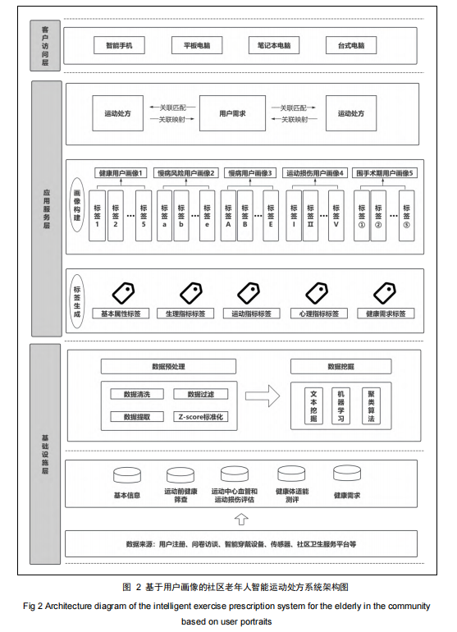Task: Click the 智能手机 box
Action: (119, 45)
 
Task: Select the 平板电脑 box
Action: (197, 45)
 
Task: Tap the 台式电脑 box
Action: (351, 45)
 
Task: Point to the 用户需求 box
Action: (232, 113)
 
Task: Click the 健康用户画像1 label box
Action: (121, 173)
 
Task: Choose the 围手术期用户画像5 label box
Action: (385, 173)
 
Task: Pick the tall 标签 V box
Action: (336, 216)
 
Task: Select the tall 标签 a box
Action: (164, 216)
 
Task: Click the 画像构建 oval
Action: (77, 204)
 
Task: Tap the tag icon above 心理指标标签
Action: (318, 293)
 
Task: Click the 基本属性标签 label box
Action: (121, 314)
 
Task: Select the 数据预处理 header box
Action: (168, 366)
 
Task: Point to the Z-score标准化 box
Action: (201, 417)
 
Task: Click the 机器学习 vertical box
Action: (341, 405)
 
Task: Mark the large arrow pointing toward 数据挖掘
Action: (263, 396)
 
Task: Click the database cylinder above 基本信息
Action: (127, 475)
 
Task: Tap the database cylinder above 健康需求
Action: (347, 474)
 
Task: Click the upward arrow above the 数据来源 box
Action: (241, 519)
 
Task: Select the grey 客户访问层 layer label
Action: (45, 45)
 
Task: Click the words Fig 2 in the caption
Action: (33, 607)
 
